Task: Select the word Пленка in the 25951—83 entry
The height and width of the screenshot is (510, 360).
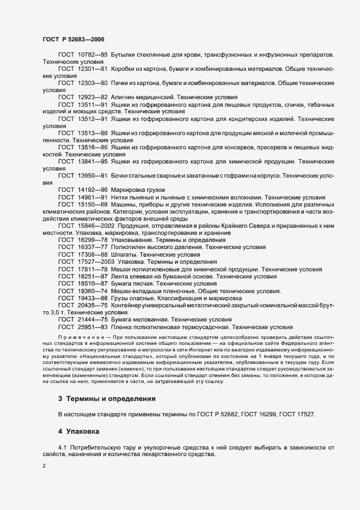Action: click(123, 327)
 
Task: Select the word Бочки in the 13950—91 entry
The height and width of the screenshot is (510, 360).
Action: click(122, 175)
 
